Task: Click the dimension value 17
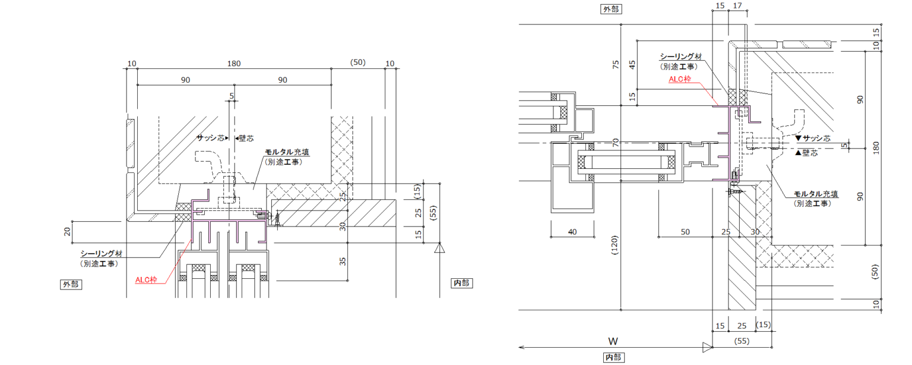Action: tap(737, 6)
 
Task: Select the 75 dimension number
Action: tap(616, 64)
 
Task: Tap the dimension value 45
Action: tap(632, 64)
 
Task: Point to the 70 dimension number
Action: tap(616, 142)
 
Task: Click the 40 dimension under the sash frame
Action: tap(572, 232)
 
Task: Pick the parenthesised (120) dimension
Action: tap(615, 245)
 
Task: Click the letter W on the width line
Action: tap(613, 341)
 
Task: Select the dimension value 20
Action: tap(67, 232)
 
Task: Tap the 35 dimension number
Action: tap(343, 262)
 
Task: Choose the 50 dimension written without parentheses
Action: tap(685, 232)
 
